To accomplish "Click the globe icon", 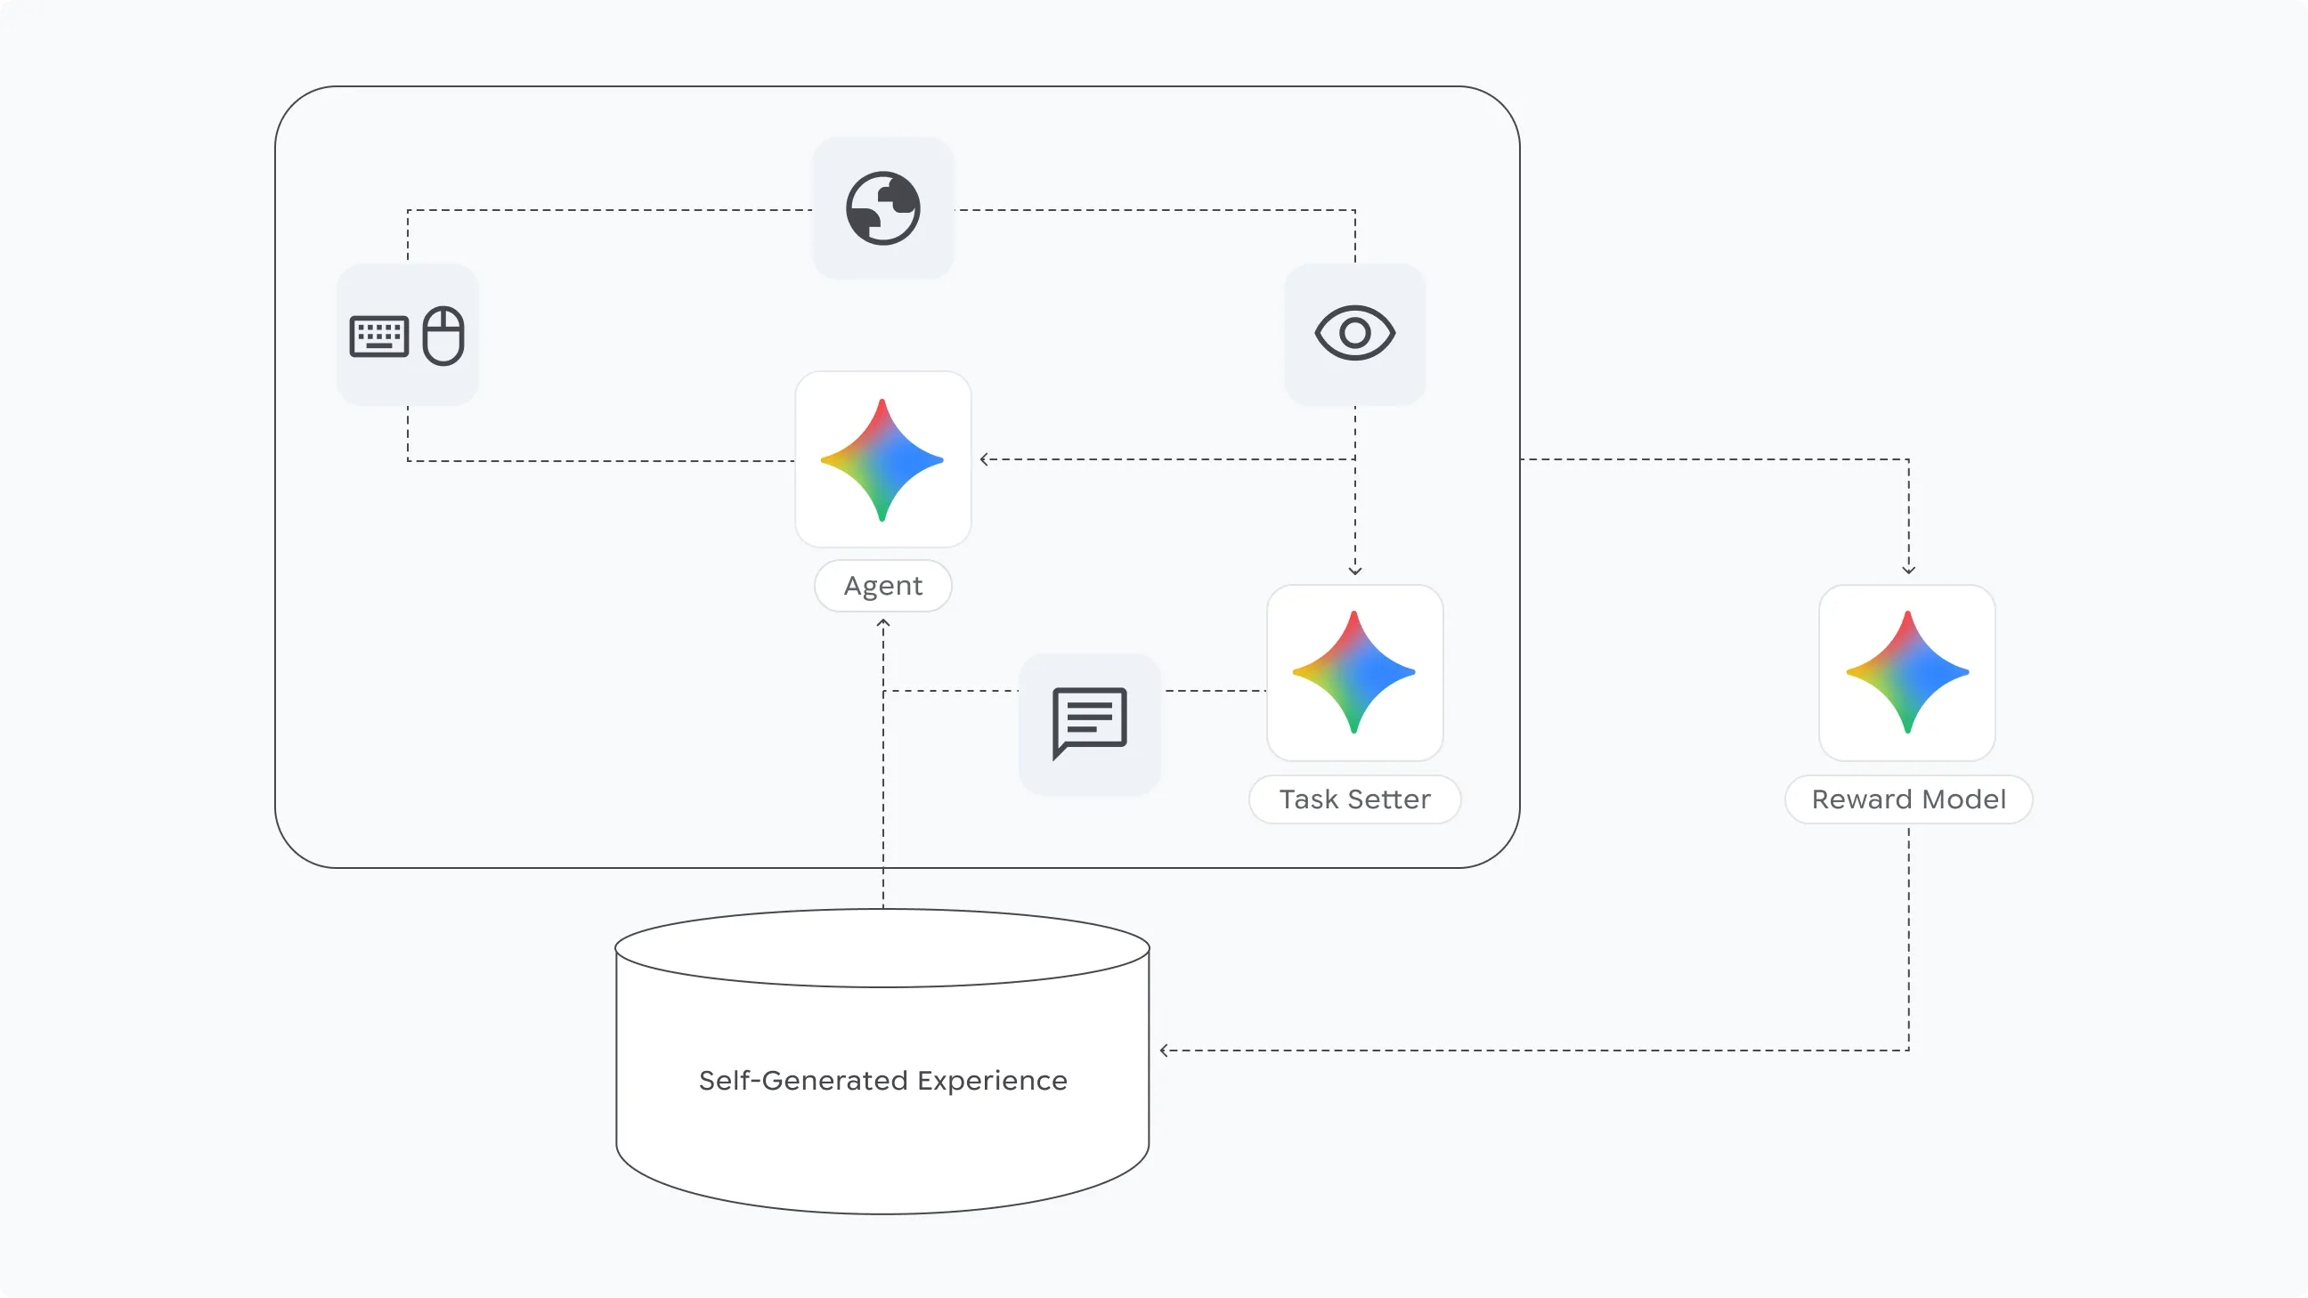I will point(882,207).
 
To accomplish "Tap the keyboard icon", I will point(379,337).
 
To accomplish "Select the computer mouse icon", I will point(443,336).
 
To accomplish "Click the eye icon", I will point(1354,333).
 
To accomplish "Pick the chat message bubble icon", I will point(1090,722).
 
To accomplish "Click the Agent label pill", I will point(882,586).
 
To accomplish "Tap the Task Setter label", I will point(1354,799).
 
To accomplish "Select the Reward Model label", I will point(1908,799).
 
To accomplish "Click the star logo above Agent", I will point(882,459).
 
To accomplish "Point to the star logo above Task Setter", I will point(1353,672).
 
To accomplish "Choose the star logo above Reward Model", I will point(1907,672).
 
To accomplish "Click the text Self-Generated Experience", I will point(882,1080).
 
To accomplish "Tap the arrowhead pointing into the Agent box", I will point(984,459).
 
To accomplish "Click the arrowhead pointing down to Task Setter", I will point(1354,571).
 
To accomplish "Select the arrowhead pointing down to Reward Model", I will point(1908,570).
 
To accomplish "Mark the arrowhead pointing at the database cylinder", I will point(1163,1050).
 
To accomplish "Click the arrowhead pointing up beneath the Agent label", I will point(883,622).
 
